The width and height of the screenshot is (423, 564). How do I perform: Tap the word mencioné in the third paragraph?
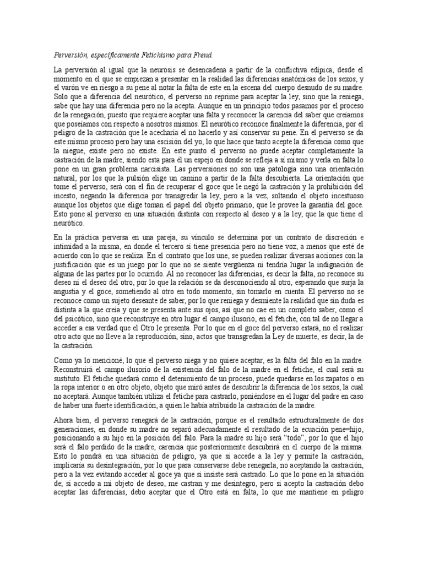(97, 359)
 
